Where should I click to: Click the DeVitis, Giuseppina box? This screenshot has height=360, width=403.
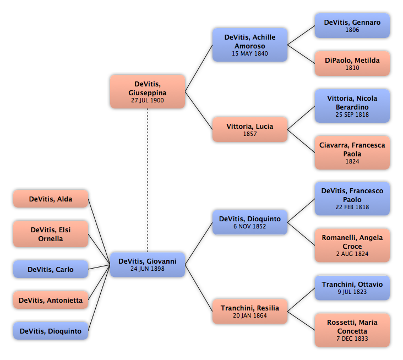pyautogui.click(x=148, y=91)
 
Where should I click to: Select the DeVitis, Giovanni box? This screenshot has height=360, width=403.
pyautogui.click(x=148, y=265)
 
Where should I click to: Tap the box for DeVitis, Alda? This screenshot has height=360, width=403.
pyautogui.click(x=51, y=199)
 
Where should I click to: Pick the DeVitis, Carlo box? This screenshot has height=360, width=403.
pyautogui.click(x=51, y=269)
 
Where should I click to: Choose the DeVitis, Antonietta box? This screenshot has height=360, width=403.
pyautogui.click(x=51, y=300)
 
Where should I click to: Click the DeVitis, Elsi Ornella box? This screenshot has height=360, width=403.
pyautogui.click(x=51, y=234)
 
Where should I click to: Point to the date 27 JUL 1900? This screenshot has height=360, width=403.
pyautogui.click(x=148, y=100)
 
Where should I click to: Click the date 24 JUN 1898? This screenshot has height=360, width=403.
pyautogui.click(x=148, y=269)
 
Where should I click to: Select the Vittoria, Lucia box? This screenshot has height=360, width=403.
pyautogui.click(x=250, y=129)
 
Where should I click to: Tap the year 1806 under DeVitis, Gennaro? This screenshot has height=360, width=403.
pyautogui.click(x=352, y=30)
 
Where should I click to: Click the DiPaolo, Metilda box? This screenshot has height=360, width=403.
pyautogui.click(x=352, y=63)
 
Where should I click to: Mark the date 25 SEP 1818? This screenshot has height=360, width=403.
pyautogui.click(x=352, y=114)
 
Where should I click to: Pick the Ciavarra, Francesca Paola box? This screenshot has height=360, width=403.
pyautogui.click(x=352, y=152)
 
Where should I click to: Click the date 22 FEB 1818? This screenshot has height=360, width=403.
pyautogui.click(x=352, y=207)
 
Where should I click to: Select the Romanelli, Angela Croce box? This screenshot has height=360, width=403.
pyautogui.click(x=352, y=245)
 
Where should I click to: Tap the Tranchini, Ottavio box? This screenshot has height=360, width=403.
pyautogui.click(x=352, y=288)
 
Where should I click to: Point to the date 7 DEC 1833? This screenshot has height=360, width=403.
pyautogui.click(x=352, y=339)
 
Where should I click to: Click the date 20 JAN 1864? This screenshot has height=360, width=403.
pyautogui.click(x=250, y=315)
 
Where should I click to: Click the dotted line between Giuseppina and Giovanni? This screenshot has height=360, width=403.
pyautogui.click(x=148, y=181)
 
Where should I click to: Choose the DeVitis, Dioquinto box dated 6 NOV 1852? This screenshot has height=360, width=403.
pyautogui.click(x=250, y=222)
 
